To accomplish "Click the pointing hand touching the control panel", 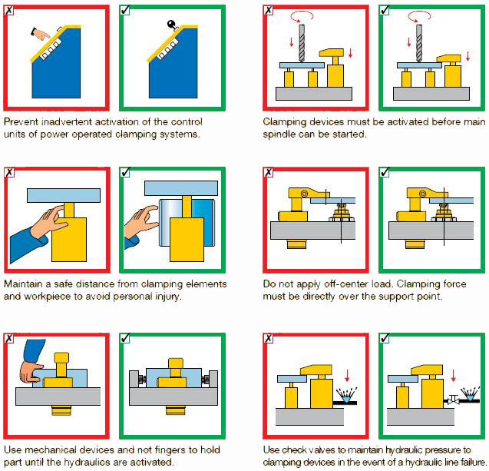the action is point(41,34).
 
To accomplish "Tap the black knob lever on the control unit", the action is point(172,25).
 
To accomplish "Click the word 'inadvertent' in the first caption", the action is point(68,121).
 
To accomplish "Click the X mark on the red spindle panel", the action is point(268,10).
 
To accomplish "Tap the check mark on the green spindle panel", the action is point(384,10).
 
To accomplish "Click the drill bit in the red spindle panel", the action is point(302,43).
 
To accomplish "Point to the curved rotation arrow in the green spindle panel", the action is point(419,15).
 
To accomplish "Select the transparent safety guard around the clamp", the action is point(187,222).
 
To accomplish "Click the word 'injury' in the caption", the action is point(169,297).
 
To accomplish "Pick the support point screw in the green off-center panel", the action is point(443,211).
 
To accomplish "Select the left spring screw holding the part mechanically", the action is point(142,380).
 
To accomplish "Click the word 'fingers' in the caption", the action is point(170,449).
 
